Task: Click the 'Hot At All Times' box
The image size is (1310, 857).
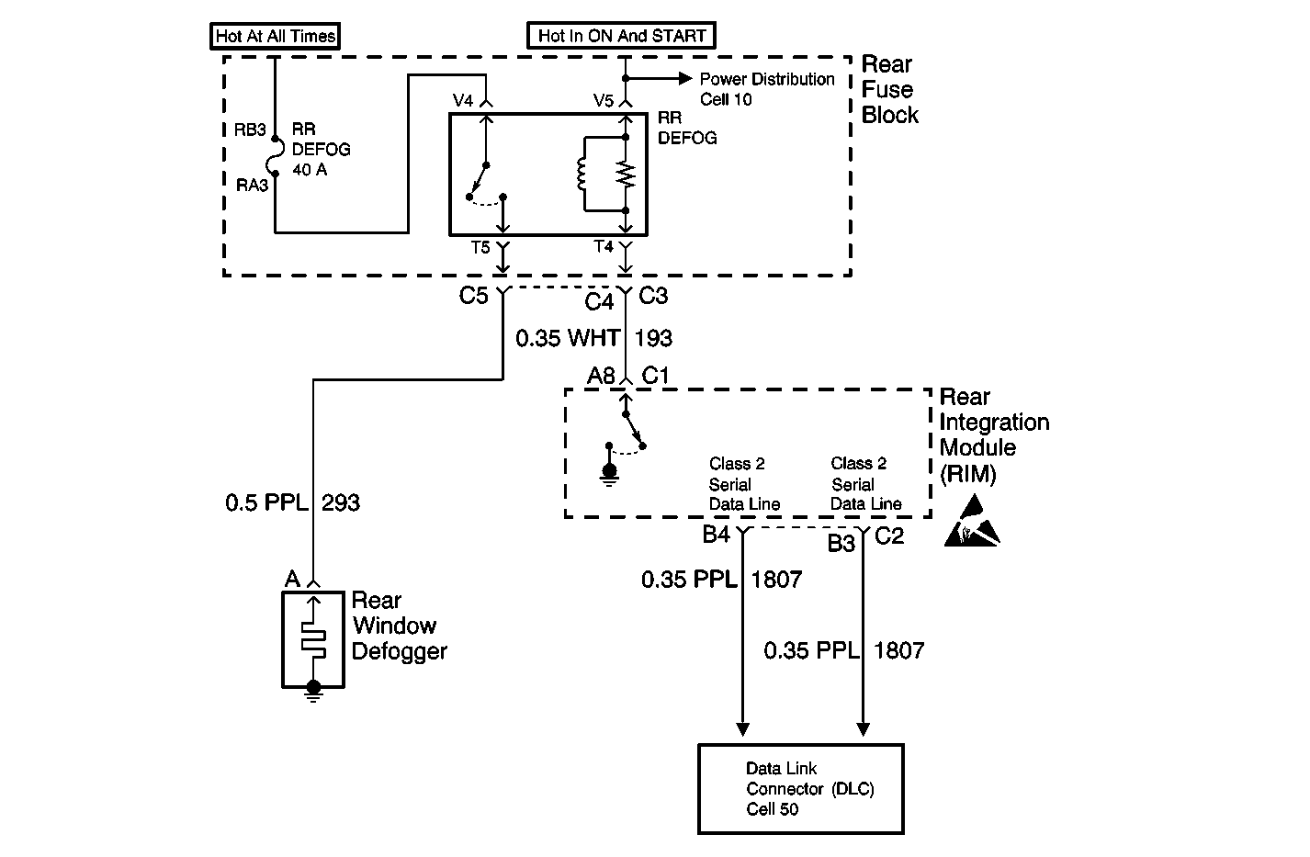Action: tap(275, 36)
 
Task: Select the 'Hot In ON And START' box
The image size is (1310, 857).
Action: tap(621, 36)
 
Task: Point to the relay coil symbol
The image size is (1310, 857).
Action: tap(581, 174)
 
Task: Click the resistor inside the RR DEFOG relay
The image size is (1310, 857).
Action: tap(626, 175)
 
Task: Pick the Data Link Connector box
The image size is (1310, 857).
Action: tap(801, 789)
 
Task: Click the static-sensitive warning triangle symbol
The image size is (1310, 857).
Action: tap(972, 522)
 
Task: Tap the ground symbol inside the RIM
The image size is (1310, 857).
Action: tap(609, 475)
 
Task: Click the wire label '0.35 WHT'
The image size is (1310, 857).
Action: tap(567, 338)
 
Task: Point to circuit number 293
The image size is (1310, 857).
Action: tap(341, 502)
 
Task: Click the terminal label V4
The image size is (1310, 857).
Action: tap(463, 100)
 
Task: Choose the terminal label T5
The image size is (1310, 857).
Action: tap(480, 248)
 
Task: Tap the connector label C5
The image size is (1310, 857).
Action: tap(473, 295)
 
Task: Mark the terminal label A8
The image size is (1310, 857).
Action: tap(601, 376)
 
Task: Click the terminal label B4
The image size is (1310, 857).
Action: tap(716, 534)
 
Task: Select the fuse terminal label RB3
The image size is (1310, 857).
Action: tap(250, 130)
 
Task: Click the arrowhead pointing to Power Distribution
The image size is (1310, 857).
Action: tap(684, 78)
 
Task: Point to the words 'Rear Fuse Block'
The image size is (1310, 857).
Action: tap(889, 89)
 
